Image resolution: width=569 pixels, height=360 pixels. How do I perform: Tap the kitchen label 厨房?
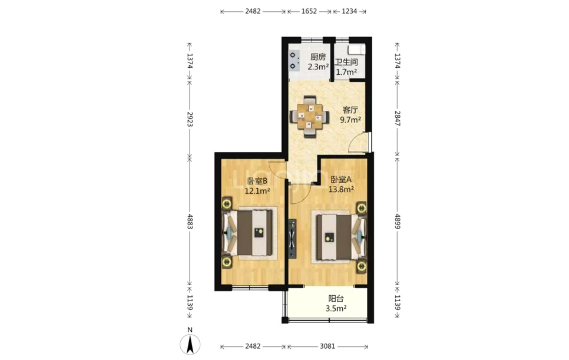click(x=318, y=57)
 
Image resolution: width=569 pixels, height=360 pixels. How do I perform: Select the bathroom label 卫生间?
click(x=346, y=62)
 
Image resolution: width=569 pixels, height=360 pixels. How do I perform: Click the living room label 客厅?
click(x=350, y=110)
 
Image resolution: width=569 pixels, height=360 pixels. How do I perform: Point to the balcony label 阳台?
click(x=336, y=299)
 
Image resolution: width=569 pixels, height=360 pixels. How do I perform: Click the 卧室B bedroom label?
click(x=257, y=181)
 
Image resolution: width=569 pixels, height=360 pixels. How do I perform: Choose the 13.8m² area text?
click(x=341, y=189)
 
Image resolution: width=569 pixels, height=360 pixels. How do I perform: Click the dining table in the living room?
click(x=310, y=117)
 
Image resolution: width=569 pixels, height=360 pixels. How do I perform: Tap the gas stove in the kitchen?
click(x=293, y=61)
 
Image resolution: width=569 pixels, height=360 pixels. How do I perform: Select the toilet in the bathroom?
click(x=356, y=49)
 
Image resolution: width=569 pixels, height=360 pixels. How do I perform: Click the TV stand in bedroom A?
click(x=293, y=239)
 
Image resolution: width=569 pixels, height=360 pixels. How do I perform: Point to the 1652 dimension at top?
click(x=309, y=11)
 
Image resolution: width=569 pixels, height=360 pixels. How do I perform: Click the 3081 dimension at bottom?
click(x=327, y=346)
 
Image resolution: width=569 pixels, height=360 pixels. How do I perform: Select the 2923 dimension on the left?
click(x=190, y=119)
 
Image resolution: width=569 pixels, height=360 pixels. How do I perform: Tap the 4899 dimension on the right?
click(x=397, y=220)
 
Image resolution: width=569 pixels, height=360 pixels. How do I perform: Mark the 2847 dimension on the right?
click(x=397, y=118)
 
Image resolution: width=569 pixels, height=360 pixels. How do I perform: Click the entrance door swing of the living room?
click(x=358, y=142)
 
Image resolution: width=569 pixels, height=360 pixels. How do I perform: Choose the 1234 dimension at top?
click(x=349, y=11)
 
